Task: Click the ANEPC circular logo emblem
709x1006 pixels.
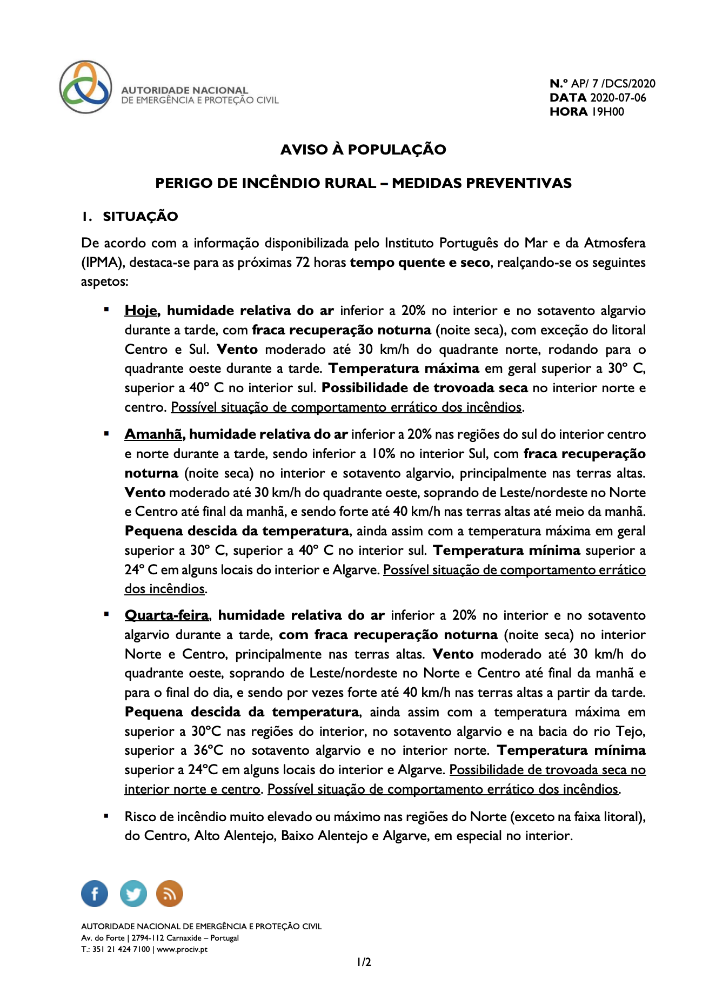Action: (85, 87)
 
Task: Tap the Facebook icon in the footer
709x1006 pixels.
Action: (95, 893)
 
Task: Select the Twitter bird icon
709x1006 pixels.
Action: (132, 893)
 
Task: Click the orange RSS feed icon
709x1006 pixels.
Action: (170, 893)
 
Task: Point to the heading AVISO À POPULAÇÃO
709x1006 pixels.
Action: (363, 150)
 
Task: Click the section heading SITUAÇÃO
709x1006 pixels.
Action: (140, 217)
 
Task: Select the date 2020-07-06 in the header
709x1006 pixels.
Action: (618, 98)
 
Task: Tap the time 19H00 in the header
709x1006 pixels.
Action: (608, 112)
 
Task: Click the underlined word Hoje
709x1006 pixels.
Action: (141, 311)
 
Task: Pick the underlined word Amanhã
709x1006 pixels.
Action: (155, 434)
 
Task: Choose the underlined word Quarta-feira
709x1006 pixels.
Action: (166, 615)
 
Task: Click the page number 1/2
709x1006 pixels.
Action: (364, 962)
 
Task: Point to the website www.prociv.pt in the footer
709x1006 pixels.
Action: (182, 949)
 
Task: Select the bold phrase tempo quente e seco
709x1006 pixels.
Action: (420, 263)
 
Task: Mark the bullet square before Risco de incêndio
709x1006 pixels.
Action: (106, 815)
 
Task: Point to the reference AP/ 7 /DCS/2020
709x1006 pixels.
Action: (613, 84)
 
